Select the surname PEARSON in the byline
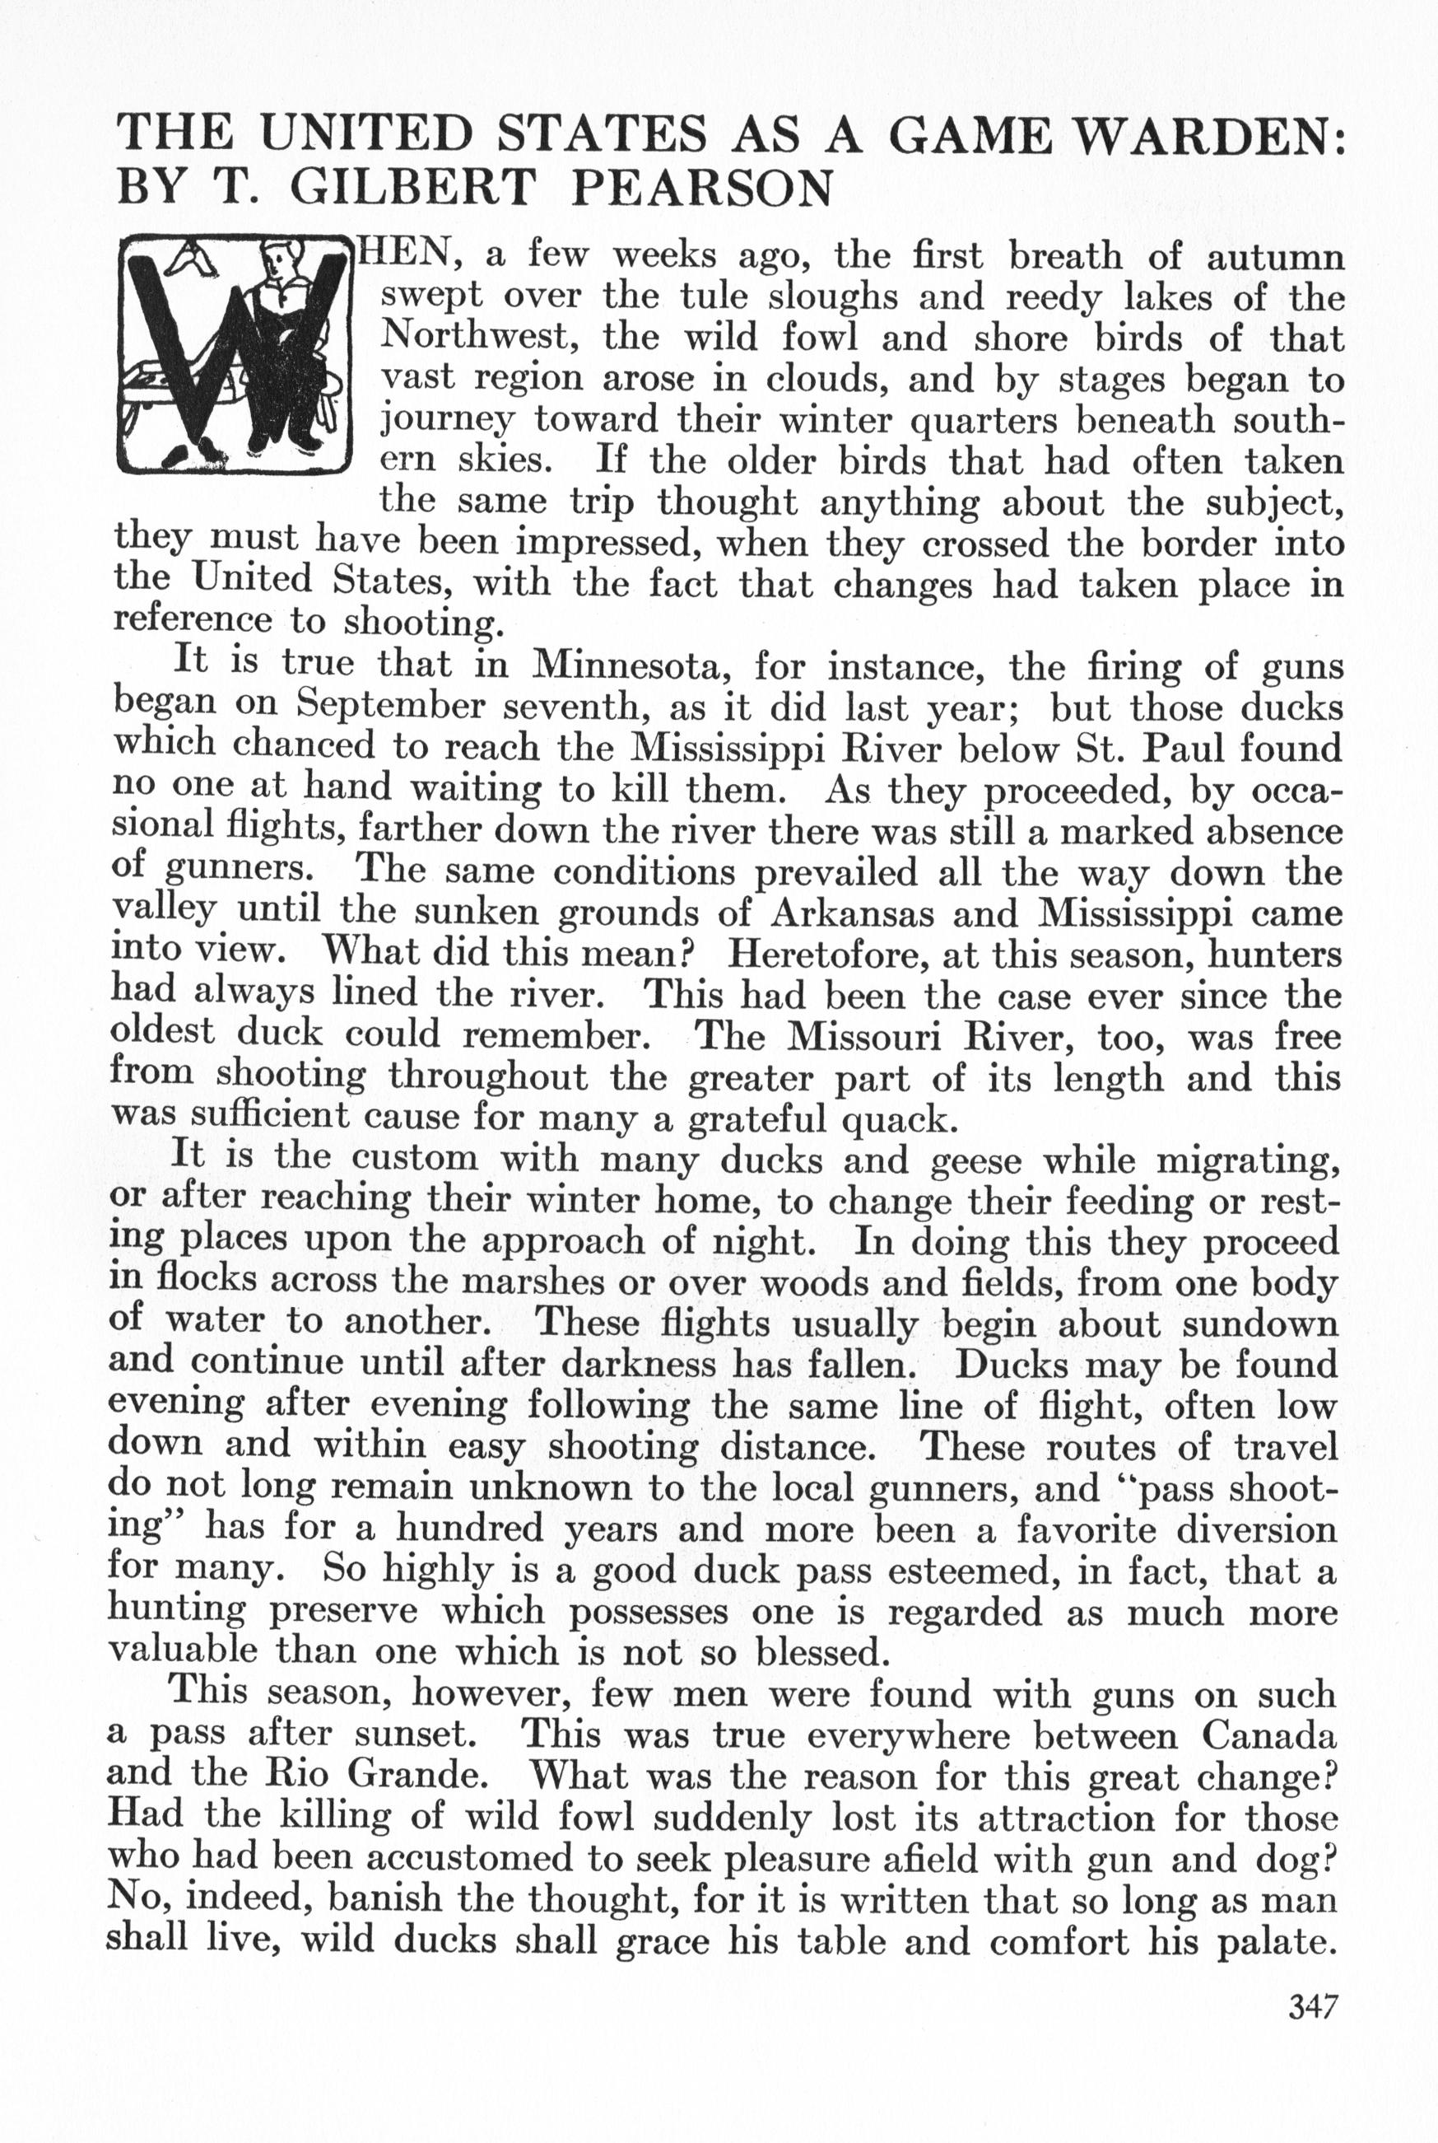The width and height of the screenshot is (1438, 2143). coord(701,188)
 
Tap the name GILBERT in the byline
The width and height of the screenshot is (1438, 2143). coord(411,188)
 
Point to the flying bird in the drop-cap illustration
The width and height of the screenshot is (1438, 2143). coord(192,261)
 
